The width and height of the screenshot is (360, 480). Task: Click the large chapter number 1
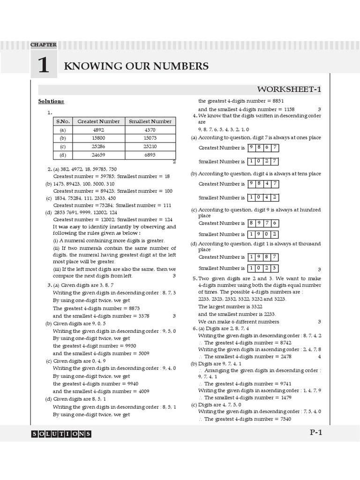43,66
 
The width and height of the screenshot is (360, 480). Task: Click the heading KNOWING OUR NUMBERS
136,66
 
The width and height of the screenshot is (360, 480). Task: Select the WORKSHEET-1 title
289,90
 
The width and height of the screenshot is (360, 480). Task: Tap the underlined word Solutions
51,101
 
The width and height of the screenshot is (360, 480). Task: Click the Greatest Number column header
98,121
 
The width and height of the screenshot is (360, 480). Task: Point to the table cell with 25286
98,146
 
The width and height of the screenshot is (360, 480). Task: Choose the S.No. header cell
62,121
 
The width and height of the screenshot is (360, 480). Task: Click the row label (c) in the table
62,146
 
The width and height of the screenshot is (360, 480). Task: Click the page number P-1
315,433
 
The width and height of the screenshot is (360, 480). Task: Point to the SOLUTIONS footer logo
61,434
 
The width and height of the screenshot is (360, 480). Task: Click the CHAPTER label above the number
43,45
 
